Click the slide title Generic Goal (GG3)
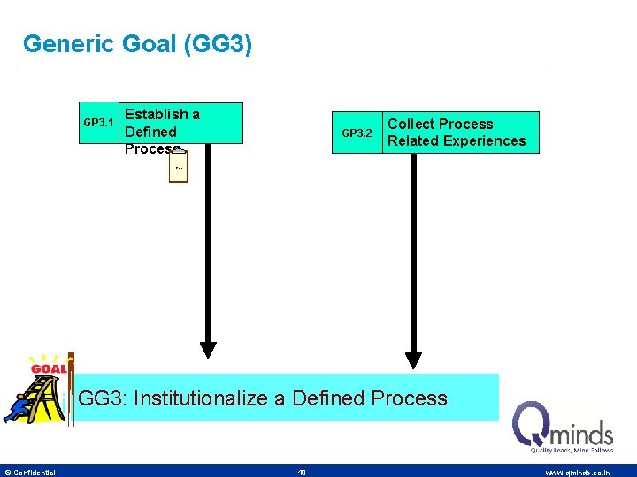[137, 43]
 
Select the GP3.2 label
[357, 132]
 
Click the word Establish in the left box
[156, 114]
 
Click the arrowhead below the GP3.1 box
[208, 348]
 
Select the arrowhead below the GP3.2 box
[413, 358]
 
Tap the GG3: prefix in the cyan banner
[103, 398]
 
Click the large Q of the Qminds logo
[533, 426]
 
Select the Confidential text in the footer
[34, 473]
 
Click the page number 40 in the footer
[302, 473]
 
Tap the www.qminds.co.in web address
[577, 473]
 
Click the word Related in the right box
[416, 140]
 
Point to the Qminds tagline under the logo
[572, 450]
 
